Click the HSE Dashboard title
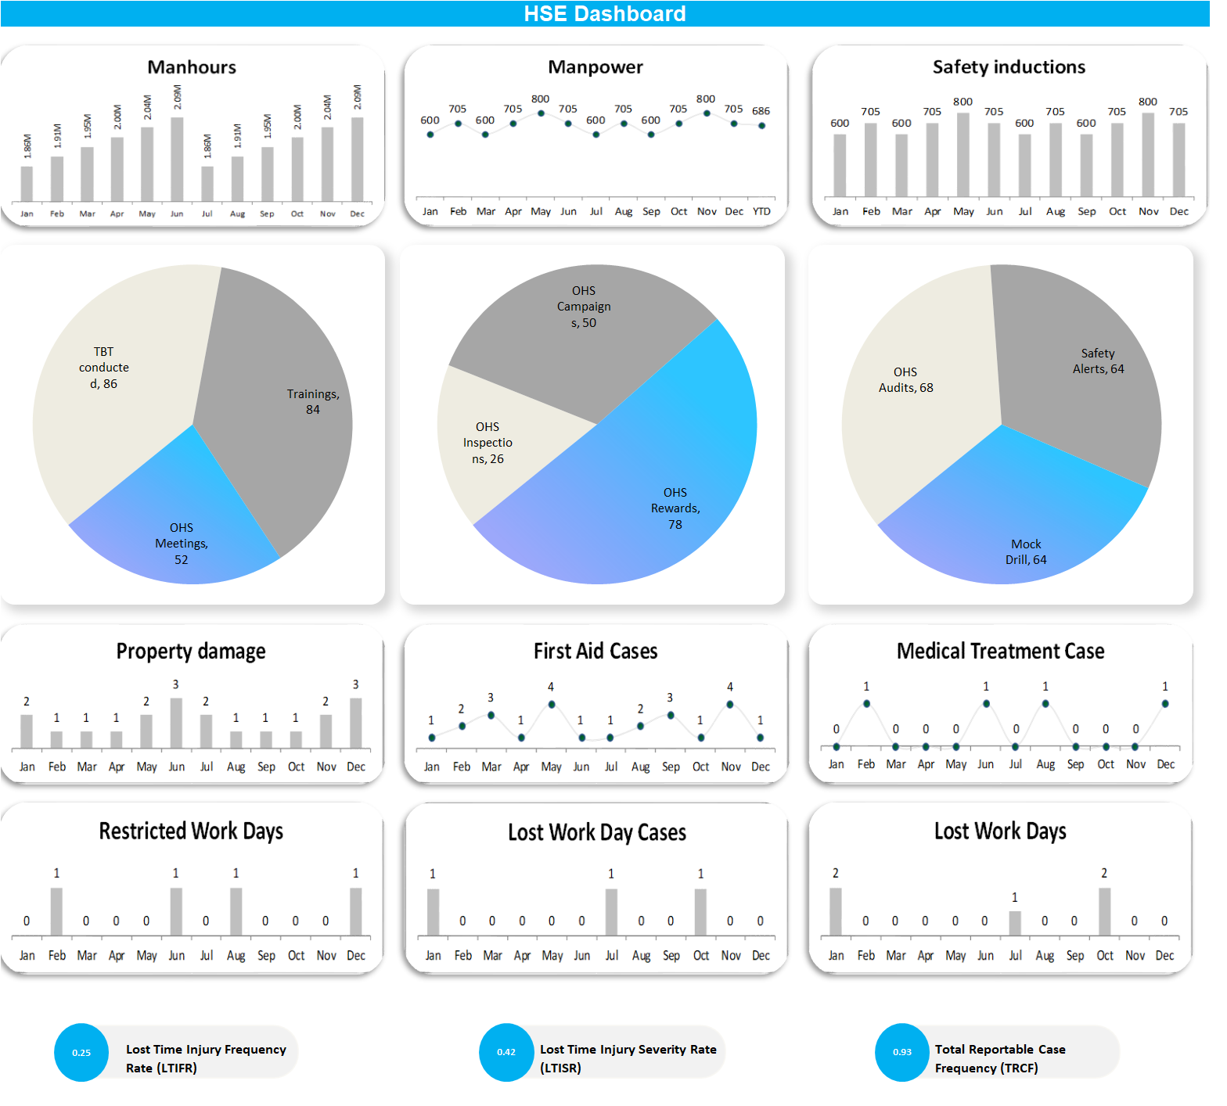tap(604, 14)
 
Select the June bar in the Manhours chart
tap(177, 160)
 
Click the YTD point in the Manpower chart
tap(761, 126)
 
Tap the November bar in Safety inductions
tap(1148, 155)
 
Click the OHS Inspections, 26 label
tap(488, 443)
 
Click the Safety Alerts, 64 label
tap(1098, 361)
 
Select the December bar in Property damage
tap(355, 724)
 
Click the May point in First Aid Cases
tap(552, 705)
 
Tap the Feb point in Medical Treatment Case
tap(866, 704)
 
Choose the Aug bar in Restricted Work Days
tap(236, 912)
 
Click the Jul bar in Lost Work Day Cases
tap(611, 913)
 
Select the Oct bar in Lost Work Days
tap(1104, 912)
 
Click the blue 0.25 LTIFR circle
tap(81, 1053)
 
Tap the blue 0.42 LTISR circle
tap(506, 1053)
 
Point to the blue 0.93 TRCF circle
tap(902, 1053)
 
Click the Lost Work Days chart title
tap(999, 831)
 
